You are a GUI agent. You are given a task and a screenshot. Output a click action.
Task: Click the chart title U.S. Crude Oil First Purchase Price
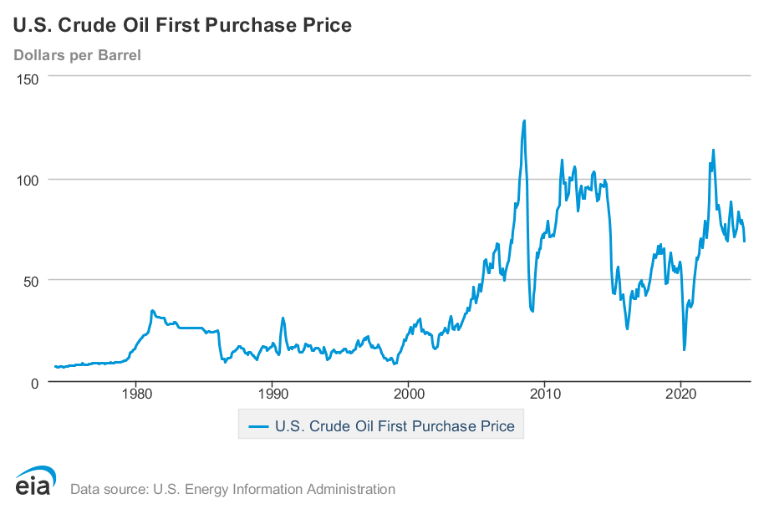pyautogui.click(x=181, y=26)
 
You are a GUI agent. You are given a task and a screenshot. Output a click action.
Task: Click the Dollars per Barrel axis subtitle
pyautogui.click(x=77, y=56)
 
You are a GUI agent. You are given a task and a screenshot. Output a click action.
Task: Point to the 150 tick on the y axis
pyautogui.click(x=30, y=78)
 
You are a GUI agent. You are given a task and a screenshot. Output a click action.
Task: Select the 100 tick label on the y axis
pyautogui.click(x=30, y=180)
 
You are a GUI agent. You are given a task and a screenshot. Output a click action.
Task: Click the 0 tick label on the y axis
pyautogui.click(x=36, y=383)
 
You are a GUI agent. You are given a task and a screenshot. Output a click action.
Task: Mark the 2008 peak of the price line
pyautogui.click(x=524, y=120)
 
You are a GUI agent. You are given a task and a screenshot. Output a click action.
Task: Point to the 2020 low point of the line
pyautogui.click(x=684, y=349)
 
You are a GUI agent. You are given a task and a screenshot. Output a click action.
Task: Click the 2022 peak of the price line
pyautogui.click(x=713, y=150)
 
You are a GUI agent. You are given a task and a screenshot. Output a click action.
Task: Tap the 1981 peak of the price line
pyautogui.click(x=152, y=310)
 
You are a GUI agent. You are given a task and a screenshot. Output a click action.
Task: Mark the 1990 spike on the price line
pyautogui.click(x=283, y=318)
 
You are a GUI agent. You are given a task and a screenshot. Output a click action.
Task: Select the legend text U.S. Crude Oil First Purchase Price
pyautogui.click(x=395, y=425)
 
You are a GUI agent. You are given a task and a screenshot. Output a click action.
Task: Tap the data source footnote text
pyautogui.click(x=232, y=489)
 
